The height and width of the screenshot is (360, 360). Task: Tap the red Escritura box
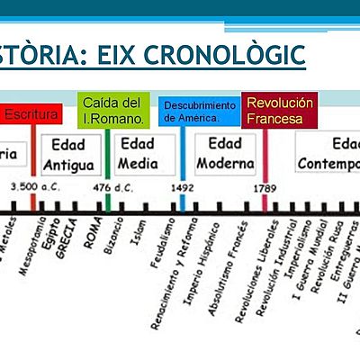click(31, 115)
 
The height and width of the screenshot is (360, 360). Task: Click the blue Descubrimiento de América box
click(200, 112)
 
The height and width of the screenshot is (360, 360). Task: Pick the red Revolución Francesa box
click(280, 110)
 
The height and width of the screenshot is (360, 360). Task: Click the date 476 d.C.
click(108, 187)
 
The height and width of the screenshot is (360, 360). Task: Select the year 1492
click(184, 187)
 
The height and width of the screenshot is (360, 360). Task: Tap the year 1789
click(265, 187)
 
